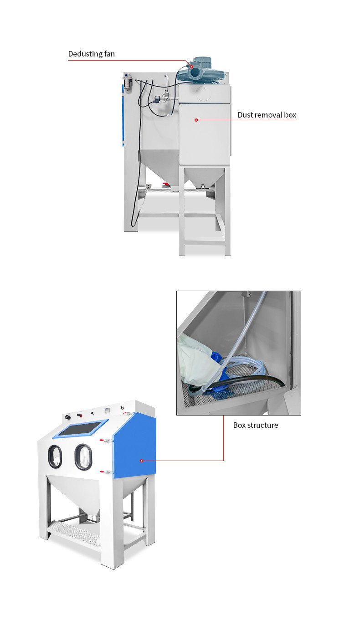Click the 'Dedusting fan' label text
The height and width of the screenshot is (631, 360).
pyautogui.click(x=91, y=54)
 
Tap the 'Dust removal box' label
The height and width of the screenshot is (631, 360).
pyautogui.click(x=267, y=115)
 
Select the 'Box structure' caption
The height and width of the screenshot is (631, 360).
pyautogui.click(x=256, y=425)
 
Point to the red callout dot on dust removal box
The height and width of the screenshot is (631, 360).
pyautogui.click(x=196, y=120)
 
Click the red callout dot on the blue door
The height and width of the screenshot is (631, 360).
pyautogui.click(x=141, y=461)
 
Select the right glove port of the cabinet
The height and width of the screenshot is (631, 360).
pyautogui.click(x=83, y=457)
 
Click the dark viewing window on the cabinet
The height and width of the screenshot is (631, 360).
pyautogui.click(x=80, y=428)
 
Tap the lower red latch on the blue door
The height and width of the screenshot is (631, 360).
pyautogui.click(x=107, y=472)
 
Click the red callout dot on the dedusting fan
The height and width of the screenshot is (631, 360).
pyautogui.click(x=192, y=67)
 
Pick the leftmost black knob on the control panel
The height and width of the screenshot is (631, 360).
pyautogui.click(x=67, y=417)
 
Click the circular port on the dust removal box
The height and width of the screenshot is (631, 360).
pyautogui.click(x=204, y=93)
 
